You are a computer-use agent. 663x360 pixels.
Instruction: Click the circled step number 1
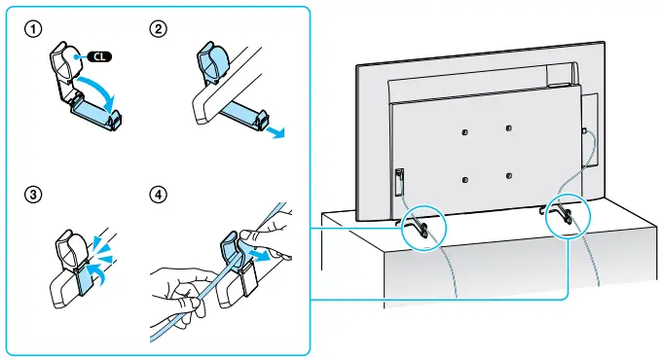tap(33, 29)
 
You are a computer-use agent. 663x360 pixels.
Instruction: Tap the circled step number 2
tap(158, 29)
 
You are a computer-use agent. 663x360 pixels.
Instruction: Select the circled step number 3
tap(33, 195)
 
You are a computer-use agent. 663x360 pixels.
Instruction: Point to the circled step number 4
tap(158, 195)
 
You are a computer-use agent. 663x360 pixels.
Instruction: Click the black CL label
tap(99, 56)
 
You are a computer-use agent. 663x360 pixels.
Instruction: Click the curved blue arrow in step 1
tap(100, 89)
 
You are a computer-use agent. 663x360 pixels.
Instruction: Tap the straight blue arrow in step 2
tap(276, 131)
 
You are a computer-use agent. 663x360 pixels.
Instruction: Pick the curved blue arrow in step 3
tap(98, 273)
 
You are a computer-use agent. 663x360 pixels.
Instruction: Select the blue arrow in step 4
tap(258, 255)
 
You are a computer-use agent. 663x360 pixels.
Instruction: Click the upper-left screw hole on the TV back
tap(464, 131)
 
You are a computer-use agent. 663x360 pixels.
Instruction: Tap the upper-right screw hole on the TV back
tap(508, 127)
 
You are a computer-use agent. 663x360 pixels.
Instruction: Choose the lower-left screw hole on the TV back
tap(465, 180)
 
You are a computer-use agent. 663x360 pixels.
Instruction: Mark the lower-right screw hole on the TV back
tap(509, 175)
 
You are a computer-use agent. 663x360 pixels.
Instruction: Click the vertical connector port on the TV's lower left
tap(399, 182)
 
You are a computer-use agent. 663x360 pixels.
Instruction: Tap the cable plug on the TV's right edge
tap(584, 131)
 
